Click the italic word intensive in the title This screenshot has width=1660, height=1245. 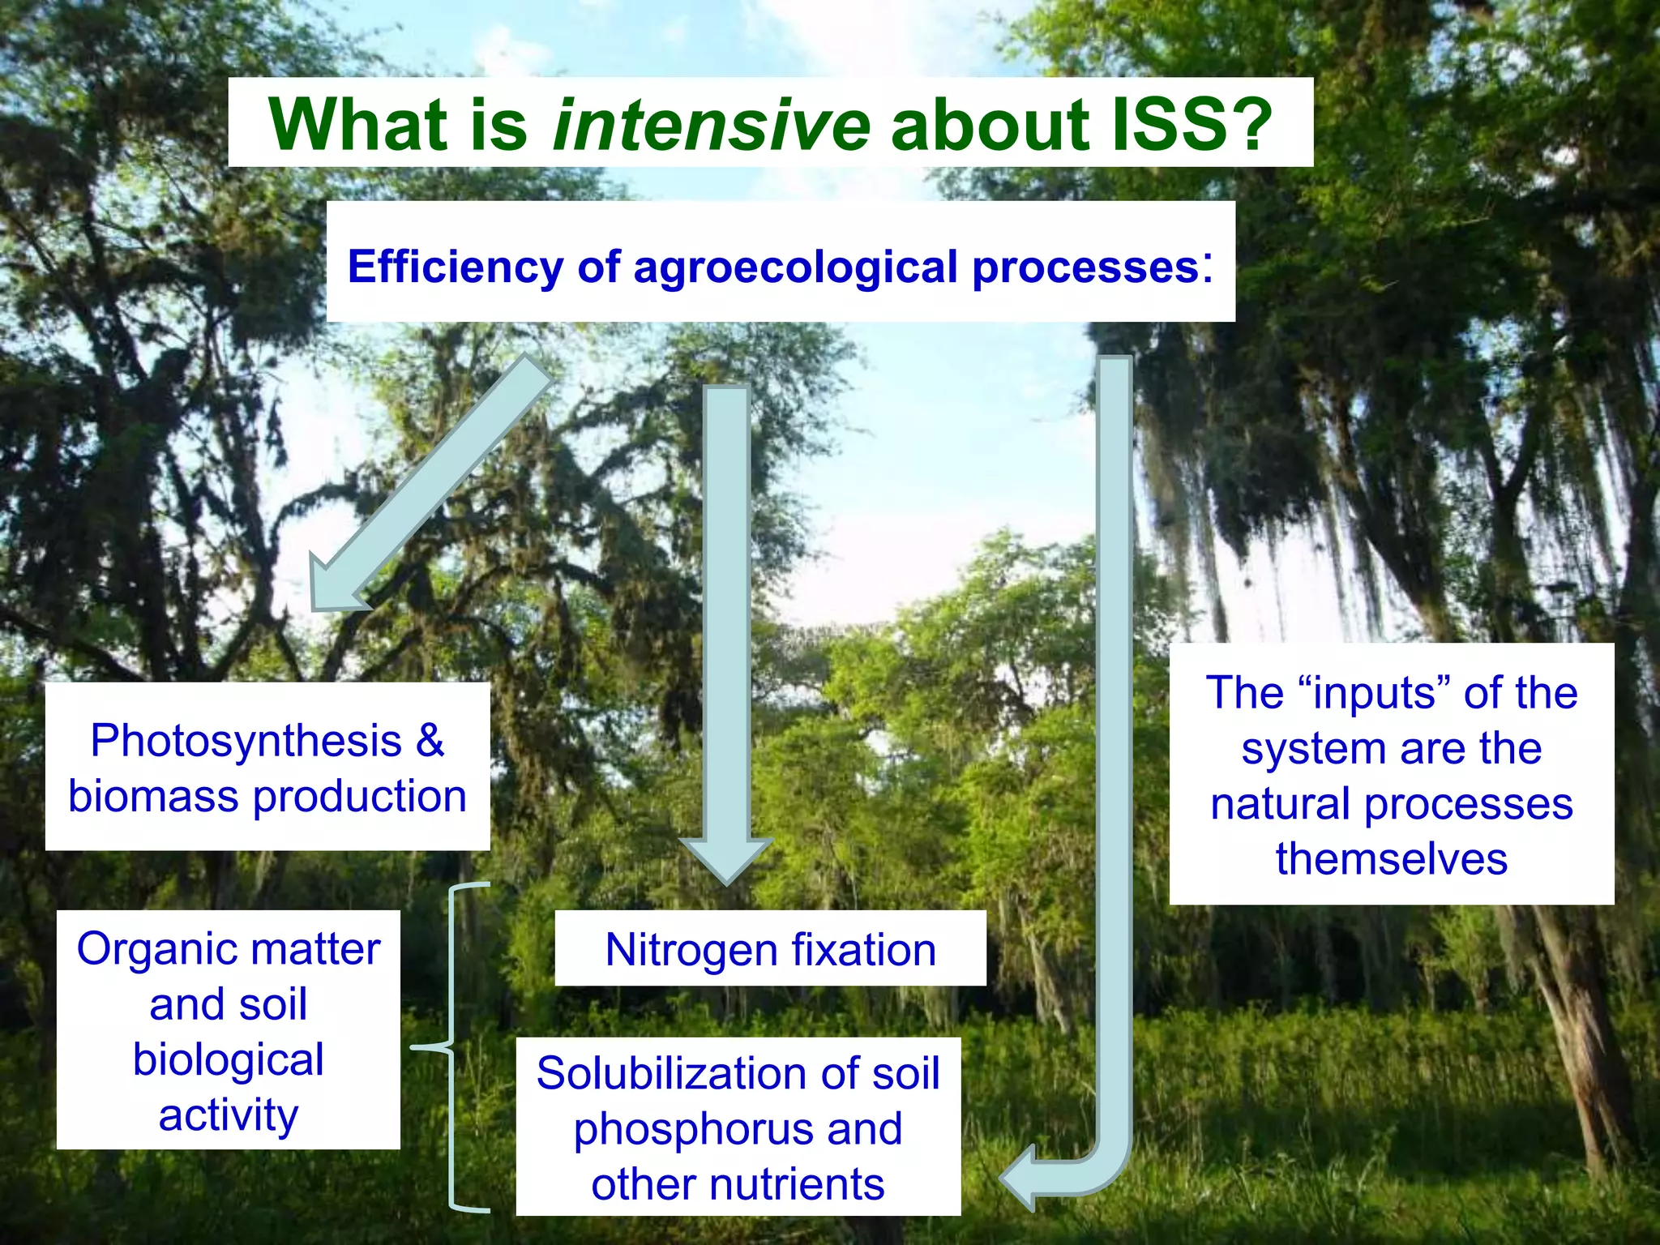click(x=712, y=125)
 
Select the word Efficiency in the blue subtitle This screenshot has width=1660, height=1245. click(x=455, y=267)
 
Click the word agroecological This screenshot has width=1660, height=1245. click(x=795, y=267)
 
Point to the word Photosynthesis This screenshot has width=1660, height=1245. click(x=246, y=740)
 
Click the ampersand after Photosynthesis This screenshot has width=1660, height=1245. click(x=430, y=740)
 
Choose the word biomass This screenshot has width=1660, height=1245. click(x=154, y=796)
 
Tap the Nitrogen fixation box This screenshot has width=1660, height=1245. click(x=770, y=949)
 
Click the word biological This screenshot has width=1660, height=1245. click(x=228, y=1059)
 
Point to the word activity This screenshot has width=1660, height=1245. click(x=228, y=1115)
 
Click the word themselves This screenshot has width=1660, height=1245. click(x=1391, y=858)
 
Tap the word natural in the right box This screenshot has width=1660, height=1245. click(x=1281, y=804)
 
